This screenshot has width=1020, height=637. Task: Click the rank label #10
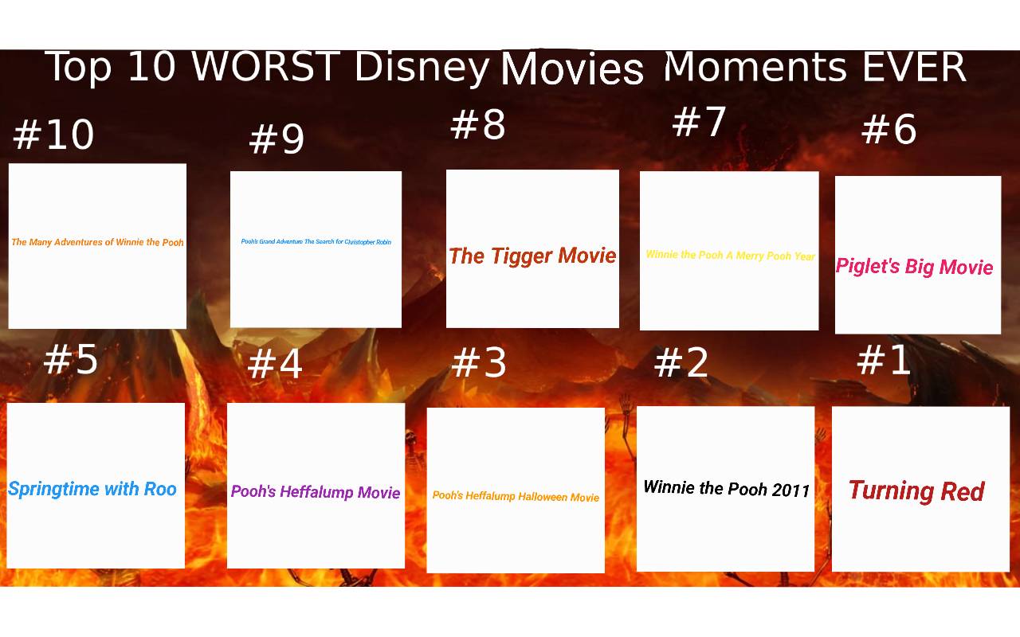coord(53,135)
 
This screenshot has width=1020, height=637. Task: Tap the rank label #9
coord(277,140)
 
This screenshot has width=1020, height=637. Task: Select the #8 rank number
coord(477,125)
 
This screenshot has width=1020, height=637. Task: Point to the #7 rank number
coord(699,122)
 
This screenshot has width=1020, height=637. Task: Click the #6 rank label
coord(889,129)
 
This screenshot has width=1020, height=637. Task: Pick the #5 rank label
coord(71,359)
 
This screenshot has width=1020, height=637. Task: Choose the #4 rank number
coord(275,364)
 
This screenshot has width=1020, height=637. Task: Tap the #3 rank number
coord(479,363)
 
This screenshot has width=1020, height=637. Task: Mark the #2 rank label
coord(681,363)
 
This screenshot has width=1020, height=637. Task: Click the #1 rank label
coord(884,360)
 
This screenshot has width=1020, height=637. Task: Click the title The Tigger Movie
coord(532,256)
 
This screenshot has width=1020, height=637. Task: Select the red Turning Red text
coord(916,490)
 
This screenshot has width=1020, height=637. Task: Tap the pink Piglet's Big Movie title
coord(914,267)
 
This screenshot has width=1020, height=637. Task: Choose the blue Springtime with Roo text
coord(92,489)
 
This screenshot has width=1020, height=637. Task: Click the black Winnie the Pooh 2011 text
coord(726,488)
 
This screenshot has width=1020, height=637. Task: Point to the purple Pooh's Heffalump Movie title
coord(316,492)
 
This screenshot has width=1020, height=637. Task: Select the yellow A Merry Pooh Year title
coord(730,256)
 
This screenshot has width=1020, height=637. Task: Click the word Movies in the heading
coord(571,69)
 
